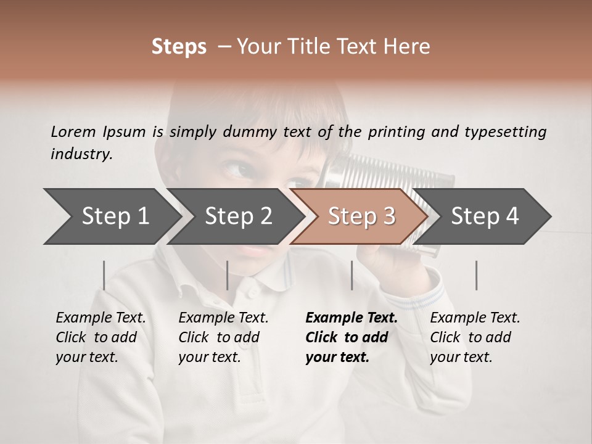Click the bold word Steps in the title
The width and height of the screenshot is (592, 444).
point(179,47)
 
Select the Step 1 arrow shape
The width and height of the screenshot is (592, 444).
point(111,216)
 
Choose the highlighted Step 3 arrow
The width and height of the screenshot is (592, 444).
point(361,216)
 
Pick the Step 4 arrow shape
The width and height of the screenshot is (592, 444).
point(485,216)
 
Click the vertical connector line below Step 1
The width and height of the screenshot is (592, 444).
point(104,275)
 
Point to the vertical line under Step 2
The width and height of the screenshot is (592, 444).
point(228,275)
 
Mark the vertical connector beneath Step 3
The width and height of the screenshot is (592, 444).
point(351,275)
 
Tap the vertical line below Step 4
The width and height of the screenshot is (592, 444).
point(476,275)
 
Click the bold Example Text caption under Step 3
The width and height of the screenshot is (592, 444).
point(351,337)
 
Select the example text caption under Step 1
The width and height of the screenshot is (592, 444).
point(101,337)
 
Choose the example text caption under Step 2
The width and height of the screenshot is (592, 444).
point(223,337)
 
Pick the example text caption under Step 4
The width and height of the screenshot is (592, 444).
point(475,337)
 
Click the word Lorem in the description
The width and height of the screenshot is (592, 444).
point(73,131)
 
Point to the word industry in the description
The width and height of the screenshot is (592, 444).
point(81,154)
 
